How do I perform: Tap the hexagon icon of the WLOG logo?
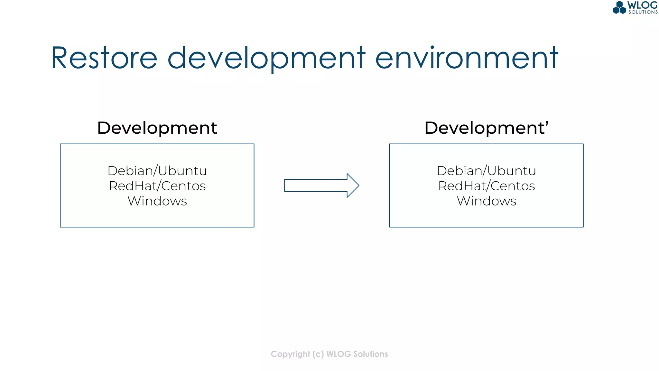pos(619,8)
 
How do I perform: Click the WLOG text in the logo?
pos(642,5)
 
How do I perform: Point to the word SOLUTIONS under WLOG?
pos(643,12)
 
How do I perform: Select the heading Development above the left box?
pos(157,128)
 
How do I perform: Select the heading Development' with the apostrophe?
pos(486,128)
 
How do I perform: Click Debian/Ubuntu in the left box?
pos(157,171)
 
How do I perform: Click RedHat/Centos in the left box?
pos(157,186)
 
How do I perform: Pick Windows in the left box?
pos(157,201)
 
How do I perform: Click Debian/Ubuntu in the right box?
pos(486,171)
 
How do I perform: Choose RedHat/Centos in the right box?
pos(486,186)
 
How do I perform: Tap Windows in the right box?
pos(486,201)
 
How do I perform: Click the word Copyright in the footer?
pos(290,354)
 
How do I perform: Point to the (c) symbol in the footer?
pos(318,354)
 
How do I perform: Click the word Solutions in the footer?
pos(370,354)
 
